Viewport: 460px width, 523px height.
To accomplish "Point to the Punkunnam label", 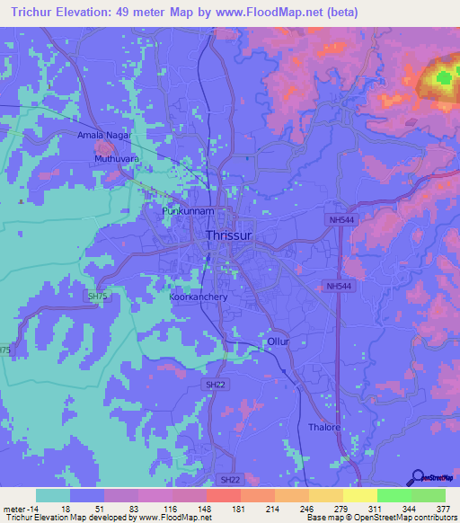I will [187, 211].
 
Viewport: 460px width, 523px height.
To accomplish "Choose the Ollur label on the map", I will [277, 342].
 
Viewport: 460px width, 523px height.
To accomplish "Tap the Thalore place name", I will [324, 427].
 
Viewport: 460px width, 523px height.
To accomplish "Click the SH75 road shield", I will [97, 296].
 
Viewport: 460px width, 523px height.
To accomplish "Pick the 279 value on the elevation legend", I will [342, 508].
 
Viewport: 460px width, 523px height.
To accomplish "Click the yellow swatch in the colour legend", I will [359, 495].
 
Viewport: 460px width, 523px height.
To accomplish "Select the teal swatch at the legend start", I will [53, 495].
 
